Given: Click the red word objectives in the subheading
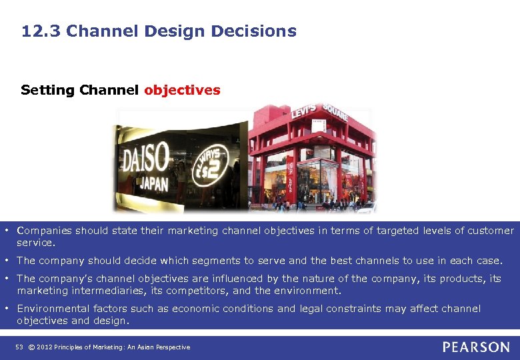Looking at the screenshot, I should pos(182,90).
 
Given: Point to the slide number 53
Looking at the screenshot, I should pos(19,347).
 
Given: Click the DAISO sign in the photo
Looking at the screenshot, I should pos(145,161).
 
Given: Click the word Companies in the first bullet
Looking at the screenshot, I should pos(44,231).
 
